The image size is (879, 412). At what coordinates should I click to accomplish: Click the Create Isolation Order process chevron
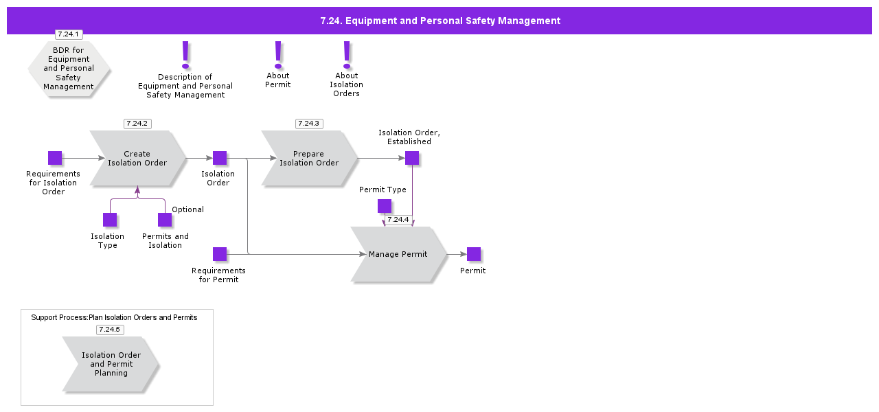137,159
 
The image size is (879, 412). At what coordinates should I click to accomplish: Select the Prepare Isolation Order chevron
309,159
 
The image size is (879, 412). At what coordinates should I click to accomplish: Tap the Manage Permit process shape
398,254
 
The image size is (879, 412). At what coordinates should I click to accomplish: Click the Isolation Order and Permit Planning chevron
111,364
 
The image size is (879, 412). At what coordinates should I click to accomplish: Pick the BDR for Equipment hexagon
69,69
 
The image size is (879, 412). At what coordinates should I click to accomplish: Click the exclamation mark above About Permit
278,54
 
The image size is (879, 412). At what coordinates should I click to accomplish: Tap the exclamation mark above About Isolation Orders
347,54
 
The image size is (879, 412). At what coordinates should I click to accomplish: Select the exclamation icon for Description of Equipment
185,54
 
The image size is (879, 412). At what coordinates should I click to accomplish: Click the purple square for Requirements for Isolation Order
55,158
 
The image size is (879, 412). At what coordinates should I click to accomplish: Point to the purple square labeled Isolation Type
110,220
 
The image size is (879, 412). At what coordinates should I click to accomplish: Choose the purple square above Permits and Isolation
165,220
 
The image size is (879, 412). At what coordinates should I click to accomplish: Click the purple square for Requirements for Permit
220,254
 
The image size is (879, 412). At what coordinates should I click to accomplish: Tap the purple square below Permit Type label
385,206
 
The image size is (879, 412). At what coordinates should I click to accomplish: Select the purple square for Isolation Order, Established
412,158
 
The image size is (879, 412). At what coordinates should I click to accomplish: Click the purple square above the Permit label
474,254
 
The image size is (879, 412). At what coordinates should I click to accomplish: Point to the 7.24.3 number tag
309,124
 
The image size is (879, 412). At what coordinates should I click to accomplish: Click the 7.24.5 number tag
110,330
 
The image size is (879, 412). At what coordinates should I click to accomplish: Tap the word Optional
187,209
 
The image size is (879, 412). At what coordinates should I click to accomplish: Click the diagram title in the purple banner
440,21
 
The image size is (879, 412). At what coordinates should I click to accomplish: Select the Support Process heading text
114,317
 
